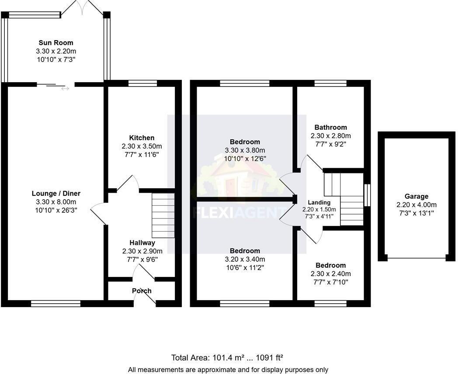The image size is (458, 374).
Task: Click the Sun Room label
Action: (56, 43)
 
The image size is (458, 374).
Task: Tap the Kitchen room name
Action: (142, 138)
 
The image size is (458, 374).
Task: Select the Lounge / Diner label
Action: (56, 194)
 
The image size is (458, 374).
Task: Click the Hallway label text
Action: (142, 242)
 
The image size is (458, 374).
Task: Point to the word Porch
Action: (142, 291)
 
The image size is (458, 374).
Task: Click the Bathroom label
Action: (330, 127)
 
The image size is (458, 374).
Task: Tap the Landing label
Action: (319, 202)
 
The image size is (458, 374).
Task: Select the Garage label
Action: (416, 196)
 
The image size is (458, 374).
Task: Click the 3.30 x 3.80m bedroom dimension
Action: (245, 150)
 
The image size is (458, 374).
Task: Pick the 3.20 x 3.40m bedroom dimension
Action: (245, 259)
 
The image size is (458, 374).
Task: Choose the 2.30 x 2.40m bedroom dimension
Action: (330, 274)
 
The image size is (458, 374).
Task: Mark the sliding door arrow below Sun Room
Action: (65, 89)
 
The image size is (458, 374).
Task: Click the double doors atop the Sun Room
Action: (83, 8)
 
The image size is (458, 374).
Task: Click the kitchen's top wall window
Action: (142, 83)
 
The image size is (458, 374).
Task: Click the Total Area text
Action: (227, 358)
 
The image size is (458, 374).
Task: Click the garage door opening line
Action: (416, 258)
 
